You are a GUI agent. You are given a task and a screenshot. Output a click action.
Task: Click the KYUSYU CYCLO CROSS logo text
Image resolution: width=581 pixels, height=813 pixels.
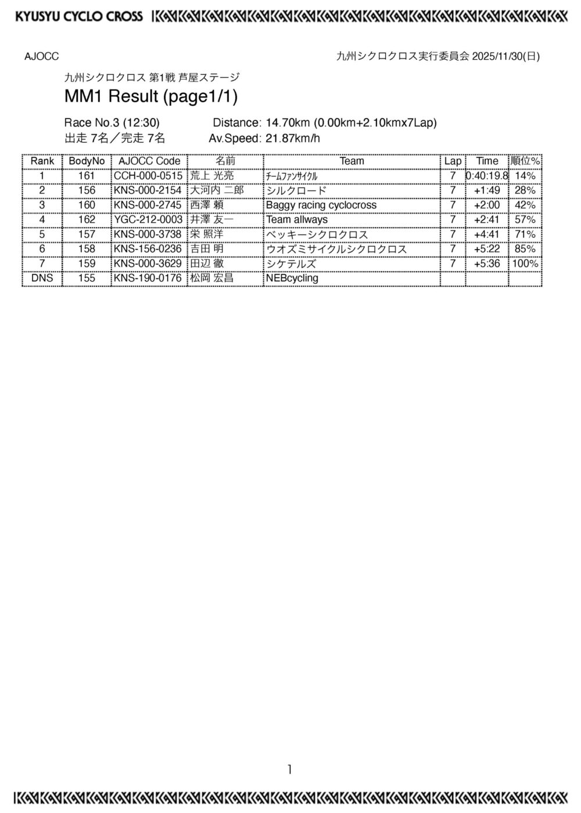tap(79, 16)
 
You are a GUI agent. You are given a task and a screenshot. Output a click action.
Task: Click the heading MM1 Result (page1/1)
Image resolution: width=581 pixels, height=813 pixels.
tap(151, 96)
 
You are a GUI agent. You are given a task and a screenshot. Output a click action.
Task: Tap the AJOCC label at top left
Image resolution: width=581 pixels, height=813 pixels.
tap(41, 56)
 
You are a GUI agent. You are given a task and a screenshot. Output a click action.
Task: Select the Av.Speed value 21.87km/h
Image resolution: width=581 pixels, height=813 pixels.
tap(293, 138)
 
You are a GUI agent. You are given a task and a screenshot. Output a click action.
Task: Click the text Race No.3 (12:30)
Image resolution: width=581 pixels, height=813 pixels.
tap(112, 123)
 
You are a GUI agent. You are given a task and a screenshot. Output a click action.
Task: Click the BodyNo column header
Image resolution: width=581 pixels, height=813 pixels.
tap(87, 161)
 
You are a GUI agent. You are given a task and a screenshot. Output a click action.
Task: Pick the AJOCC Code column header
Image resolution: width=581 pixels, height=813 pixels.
tap(149, 161)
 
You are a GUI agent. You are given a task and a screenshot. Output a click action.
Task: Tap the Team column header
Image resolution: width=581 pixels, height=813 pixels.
tap(352, 161)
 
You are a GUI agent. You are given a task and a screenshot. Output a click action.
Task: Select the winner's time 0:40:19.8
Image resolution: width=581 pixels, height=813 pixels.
tap(487, 176)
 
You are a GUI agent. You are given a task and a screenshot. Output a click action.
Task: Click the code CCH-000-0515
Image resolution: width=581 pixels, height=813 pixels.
tap(148, 176)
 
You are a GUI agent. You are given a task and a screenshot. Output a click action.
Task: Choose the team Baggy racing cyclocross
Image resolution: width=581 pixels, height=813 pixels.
tap(321, 205)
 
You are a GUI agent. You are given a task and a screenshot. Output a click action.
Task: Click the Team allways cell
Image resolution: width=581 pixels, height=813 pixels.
tap(296, 220)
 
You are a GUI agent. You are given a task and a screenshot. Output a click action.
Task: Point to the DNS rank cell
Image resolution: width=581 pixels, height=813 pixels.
tap(42, 278)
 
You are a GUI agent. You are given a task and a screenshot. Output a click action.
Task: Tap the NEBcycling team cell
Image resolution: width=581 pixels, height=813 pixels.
tap(292, 278)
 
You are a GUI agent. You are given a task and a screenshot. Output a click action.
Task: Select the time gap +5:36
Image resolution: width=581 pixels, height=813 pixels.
tap(487, 264)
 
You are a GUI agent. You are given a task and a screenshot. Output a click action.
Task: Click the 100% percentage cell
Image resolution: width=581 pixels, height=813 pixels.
tap(525, 264)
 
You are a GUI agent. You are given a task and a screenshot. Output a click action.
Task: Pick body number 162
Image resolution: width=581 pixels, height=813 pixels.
tap(87, 220)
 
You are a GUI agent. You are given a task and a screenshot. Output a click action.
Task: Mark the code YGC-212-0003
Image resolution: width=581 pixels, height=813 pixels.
tap(148, 220)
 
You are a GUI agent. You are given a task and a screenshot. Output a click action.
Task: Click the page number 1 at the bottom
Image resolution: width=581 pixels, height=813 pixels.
tap(289, 770)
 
